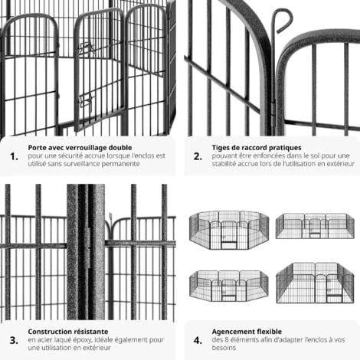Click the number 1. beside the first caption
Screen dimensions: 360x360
tap(14, 156)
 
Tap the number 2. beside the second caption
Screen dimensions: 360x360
tap(198, 156)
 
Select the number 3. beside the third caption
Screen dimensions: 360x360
tap(14, 340)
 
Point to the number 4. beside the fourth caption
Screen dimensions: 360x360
tap(198, 340)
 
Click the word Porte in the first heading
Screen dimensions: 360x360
tap(36, 148)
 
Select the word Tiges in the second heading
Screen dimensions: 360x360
tap(220, 148)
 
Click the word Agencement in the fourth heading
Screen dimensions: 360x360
tap(231, 332)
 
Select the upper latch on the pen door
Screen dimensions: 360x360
tap(87, 47)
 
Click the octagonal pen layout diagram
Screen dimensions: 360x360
tap(229, 230)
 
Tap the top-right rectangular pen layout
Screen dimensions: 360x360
tap(315, 226)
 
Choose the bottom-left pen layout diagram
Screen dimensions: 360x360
tap(229, 286)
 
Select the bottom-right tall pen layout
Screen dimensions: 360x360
tap(315, 283)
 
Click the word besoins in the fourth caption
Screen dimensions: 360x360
tap(224, 348)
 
